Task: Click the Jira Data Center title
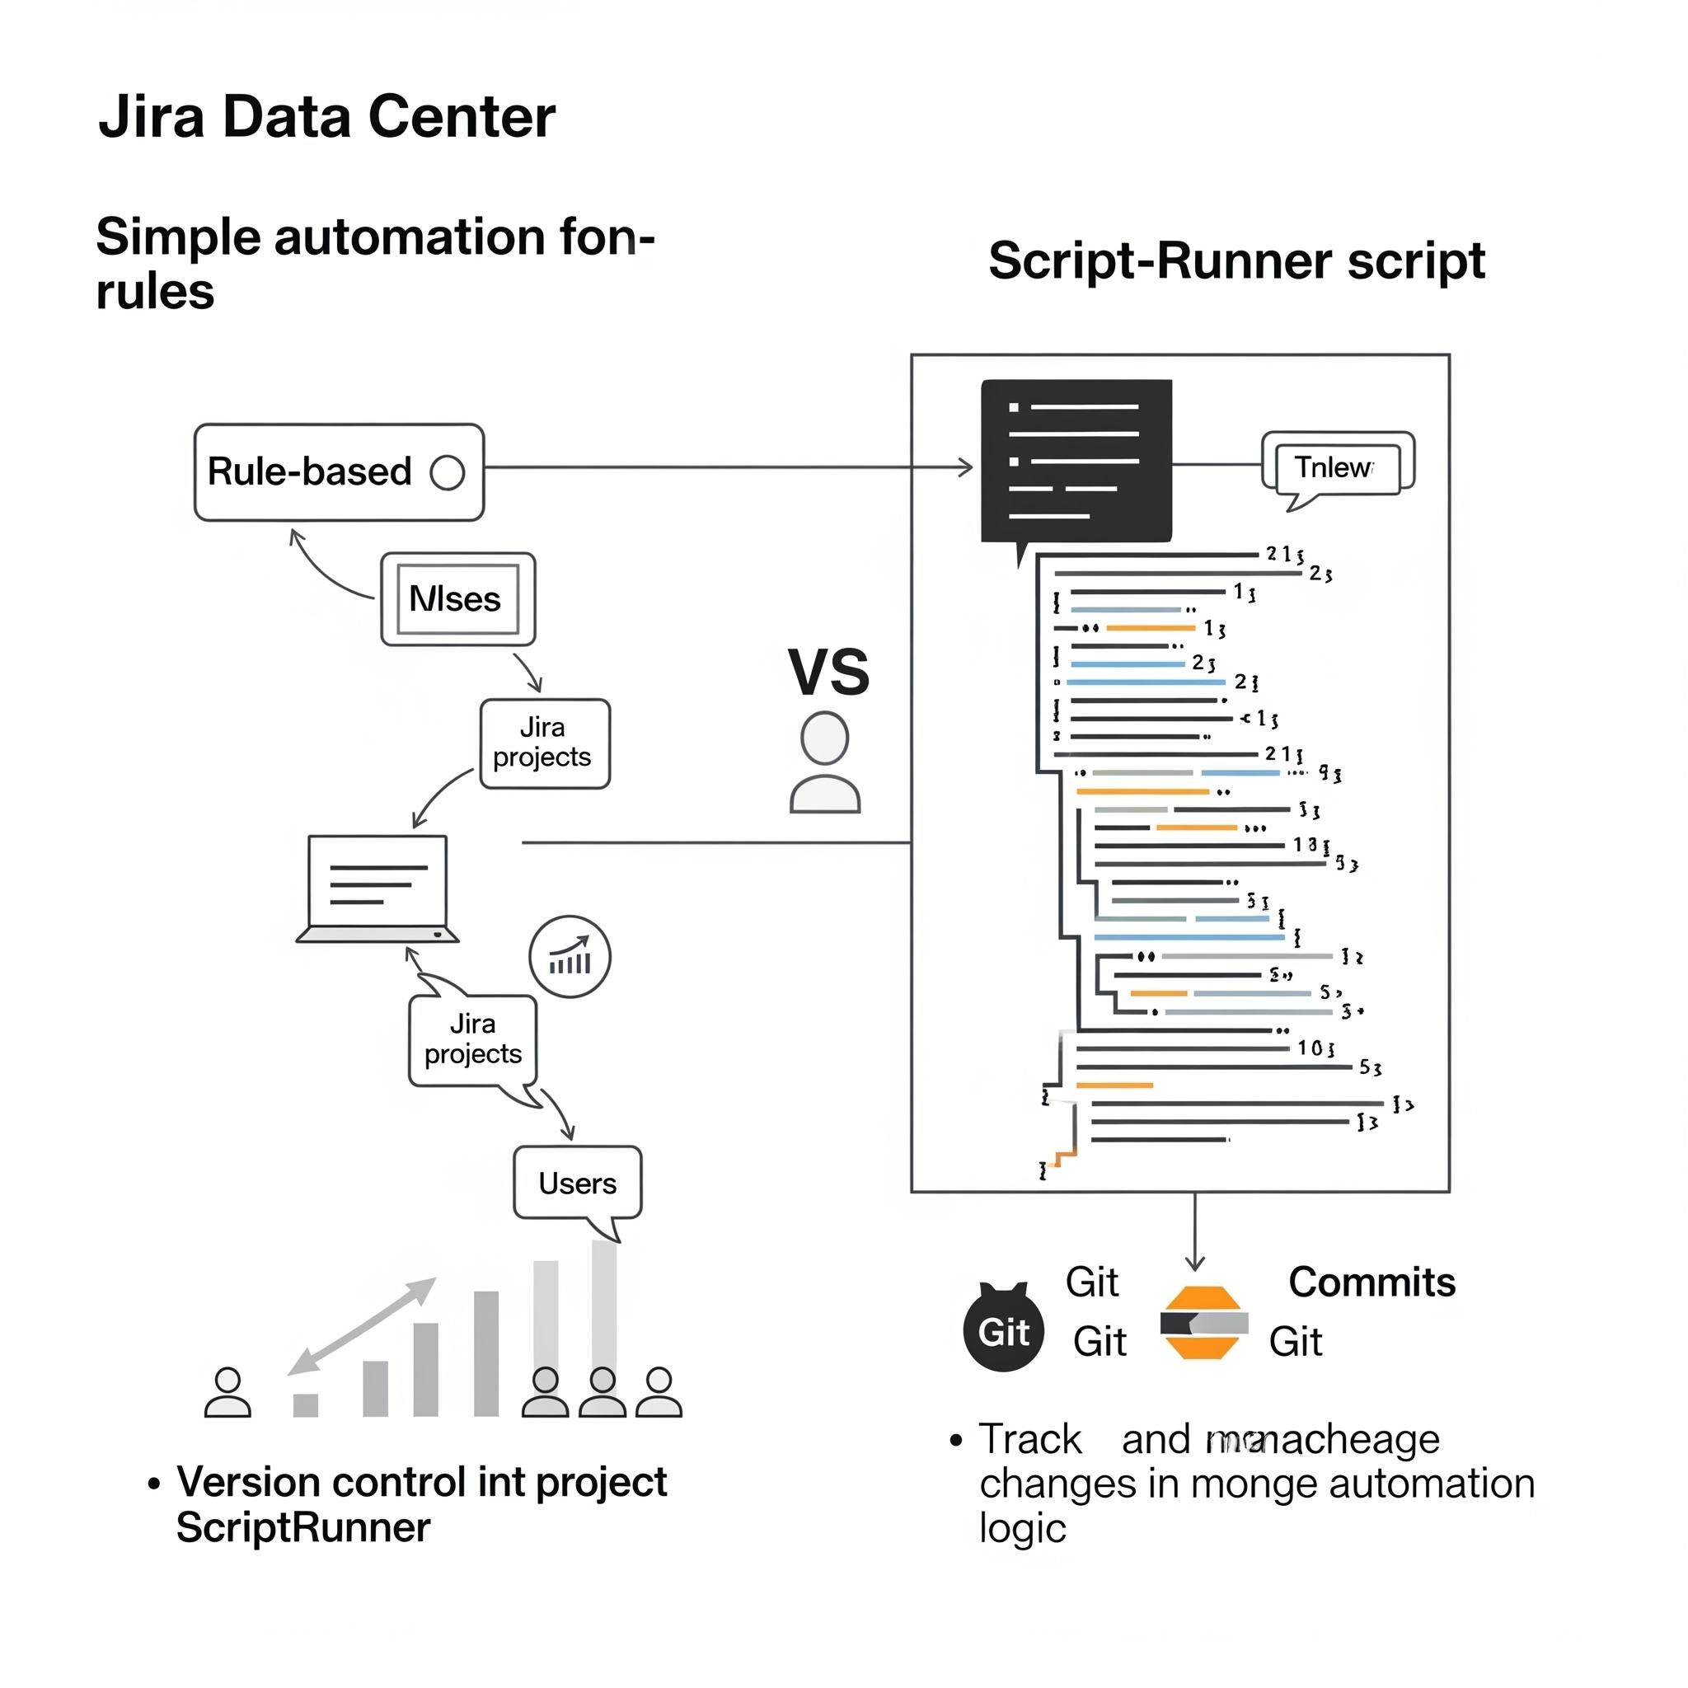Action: (326, 116)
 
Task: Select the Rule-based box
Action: (338, 472)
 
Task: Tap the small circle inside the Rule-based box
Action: (448, 472)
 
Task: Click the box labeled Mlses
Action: (457, 599)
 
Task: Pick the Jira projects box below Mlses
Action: (544, 743)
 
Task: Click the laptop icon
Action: (377, 889)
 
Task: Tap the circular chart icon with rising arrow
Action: (570, 957)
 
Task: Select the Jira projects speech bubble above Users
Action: (472, 1039)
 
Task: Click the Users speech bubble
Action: (578, 1183)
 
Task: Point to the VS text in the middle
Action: (828, 672)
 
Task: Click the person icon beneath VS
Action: (825, 762)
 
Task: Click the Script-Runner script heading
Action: (1236, 260)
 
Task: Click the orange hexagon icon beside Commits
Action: (1203, 1323)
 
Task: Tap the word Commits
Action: (1371, 1282)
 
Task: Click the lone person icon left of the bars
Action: (227, 1393)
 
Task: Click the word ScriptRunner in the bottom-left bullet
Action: (303, 1527)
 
